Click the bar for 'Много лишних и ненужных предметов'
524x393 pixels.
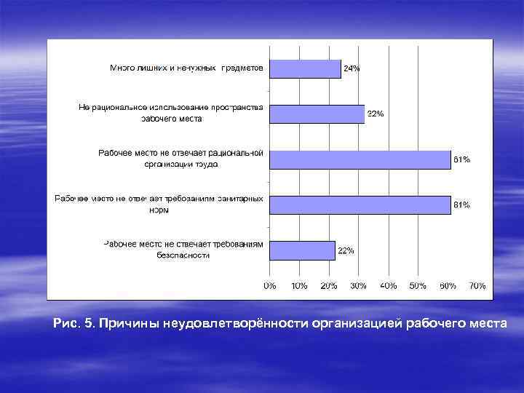coord(305,68)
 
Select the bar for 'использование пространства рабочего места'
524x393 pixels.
coord(317,114)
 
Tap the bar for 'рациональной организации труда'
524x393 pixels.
coord(360,159)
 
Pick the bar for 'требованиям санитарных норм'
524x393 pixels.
coord(360,205)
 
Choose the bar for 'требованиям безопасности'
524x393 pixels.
coord(302,250)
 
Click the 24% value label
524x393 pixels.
coord(352,68)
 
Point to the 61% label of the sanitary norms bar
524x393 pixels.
coord(461,205)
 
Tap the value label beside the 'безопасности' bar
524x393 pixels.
coord(346,250)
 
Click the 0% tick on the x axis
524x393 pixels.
coord(269,286)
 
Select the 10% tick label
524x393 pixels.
coord(299,286)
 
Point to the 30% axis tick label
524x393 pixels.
coord(358,286)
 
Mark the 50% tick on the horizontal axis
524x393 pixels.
coord(418,286)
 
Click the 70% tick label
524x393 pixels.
coord(477,286)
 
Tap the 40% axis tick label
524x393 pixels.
coord(388,286)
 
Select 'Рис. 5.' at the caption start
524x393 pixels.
coord(74,322)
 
